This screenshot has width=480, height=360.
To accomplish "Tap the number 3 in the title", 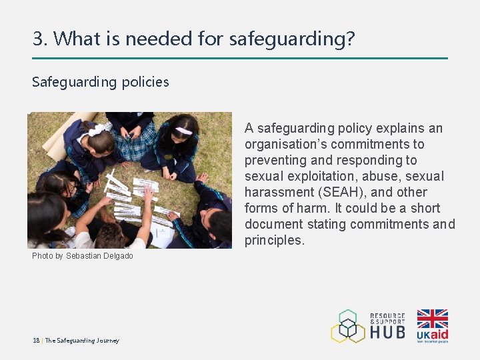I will point(37,39).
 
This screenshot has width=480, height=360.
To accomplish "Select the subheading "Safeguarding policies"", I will point(101,82).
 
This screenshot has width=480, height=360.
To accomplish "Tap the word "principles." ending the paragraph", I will point(274,240).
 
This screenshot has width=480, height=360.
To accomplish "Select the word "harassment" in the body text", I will point(276,192).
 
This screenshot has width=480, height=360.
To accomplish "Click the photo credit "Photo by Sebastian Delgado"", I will point(83,256).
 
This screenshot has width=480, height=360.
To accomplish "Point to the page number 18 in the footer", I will point(36,341).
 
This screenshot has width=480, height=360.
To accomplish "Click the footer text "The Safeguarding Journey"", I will point(82,341).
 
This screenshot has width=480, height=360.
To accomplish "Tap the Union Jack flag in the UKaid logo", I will point(432,319).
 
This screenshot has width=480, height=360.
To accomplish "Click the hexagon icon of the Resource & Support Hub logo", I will point(347,325).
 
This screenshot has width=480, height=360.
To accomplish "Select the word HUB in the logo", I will point(387,331).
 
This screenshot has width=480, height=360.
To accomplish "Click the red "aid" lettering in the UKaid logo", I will point(440,334).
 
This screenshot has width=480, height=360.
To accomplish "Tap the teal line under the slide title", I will point(240,59).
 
